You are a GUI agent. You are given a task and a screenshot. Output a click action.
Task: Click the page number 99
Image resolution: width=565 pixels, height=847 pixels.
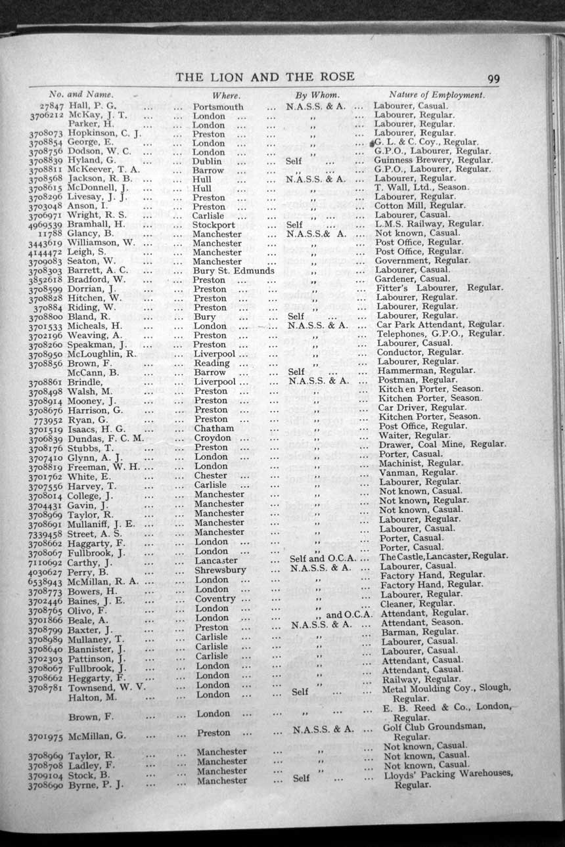493,79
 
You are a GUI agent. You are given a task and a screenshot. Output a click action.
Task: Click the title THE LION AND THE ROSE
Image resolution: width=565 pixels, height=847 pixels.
265,77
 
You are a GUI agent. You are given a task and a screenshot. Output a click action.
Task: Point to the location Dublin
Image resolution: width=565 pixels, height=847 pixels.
207,161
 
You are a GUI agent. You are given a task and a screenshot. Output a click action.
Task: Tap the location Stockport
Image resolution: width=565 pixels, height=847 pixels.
214,225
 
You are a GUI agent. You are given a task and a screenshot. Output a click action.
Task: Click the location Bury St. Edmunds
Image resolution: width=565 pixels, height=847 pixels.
233,271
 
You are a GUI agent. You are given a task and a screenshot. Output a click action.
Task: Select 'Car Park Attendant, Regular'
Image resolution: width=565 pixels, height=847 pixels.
440,324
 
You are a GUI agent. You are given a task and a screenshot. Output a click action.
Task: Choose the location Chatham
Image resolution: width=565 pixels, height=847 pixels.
214,428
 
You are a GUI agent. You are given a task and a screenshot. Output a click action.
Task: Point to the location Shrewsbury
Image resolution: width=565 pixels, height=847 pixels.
219,570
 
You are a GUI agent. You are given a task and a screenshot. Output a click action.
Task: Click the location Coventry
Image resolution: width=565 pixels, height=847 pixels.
215,599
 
